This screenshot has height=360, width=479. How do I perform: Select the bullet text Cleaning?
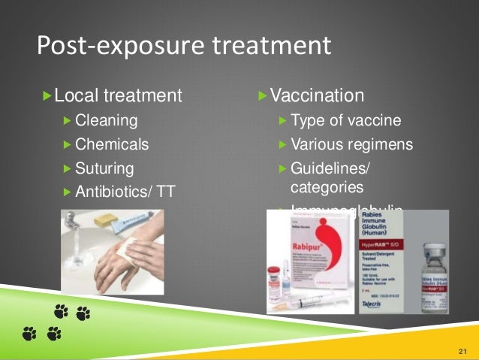click(107, 120)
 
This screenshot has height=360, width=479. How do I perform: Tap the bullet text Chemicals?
click(112, 144)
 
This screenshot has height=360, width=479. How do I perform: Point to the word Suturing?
click(104, 168)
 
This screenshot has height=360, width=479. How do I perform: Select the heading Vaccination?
click(317, 96)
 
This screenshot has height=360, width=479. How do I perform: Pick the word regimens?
click(382, 144)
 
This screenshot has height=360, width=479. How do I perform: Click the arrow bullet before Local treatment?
click(47, 96)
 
